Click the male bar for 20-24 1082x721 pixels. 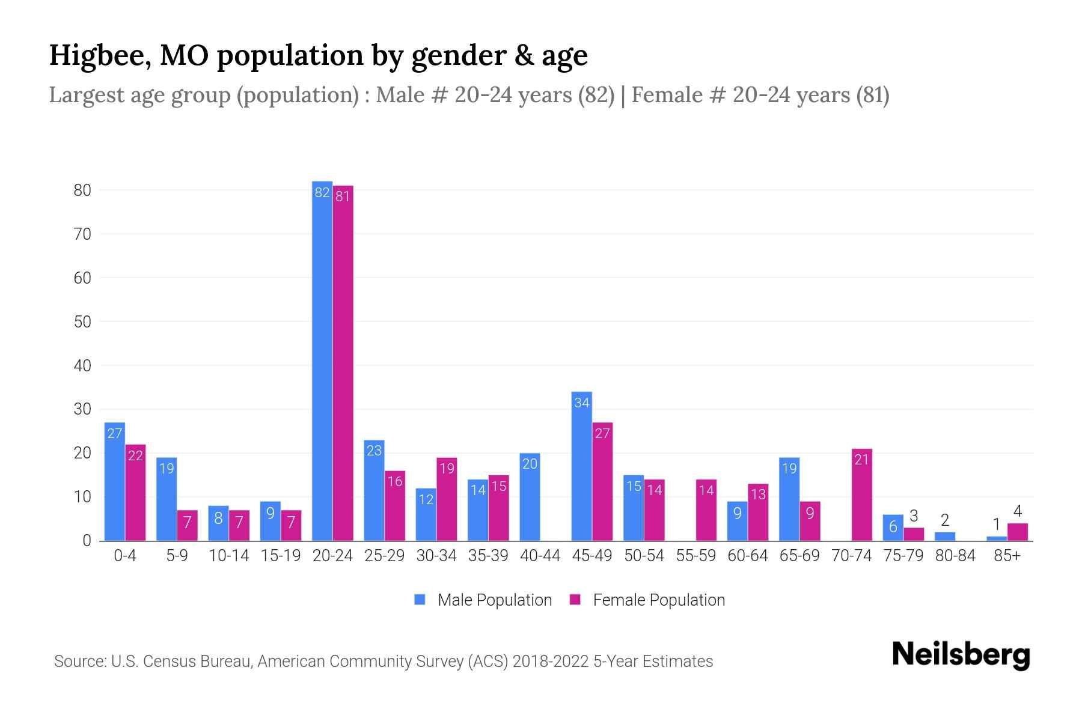point(322,360)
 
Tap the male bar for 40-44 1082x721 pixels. point(530,497)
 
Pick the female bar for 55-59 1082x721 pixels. point(706,510)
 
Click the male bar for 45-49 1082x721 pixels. point(581,466)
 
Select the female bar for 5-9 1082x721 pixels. point(187,525)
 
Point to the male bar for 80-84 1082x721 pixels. point(944,536)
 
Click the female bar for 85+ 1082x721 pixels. point(1018,532)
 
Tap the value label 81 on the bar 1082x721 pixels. point(343,196)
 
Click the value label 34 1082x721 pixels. point(581,403)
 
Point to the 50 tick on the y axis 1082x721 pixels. point(82,322)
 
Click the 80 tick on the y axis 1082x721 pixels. point(82,190)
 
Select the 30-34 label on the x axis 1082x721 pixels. point(436,556)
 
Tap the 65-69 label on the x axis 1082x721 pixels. point(799,556)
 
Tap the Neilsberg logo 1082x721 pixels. point(961,655)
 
